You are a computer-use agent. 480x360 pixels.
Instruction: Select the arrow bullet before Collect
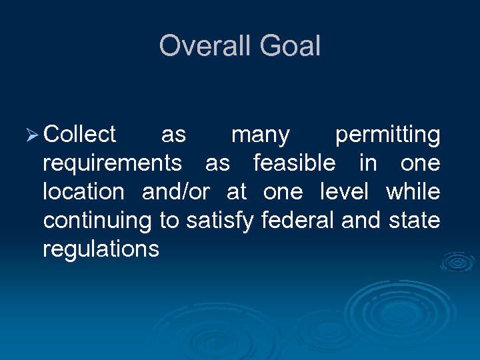[x=33, y=135]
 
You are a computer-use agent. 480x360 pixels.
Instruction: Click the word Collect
[x=79, y=135]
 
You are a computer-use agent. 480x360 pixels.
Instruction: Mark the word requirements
[x=111, y=164]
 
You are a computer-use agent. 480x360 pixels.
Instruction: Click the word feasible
[x=294, y=163]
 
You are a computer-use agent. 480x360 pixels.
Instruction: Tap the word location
[x=83, y=192]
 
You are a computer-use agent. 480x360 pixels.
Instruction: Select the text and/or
[x=175, y=192]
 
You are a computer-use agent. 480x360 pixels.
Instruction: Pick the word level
[x=344, y=192]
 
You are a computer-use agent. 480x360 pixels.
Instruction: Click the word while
[x=413, y=192]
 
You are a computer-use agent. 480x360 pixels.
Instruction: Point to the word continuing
[x=98, y=221]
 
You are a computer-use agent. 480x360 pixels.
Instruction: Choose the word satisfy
[x=219, y=221]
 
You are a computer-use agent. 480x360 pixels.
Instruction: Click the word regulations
[x=101, y=249]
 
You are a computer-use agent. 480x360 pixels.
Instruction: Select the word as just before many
[x=173, y=135]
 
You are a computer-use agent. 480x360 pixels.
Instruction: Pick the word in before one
[x=367, y=163]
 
